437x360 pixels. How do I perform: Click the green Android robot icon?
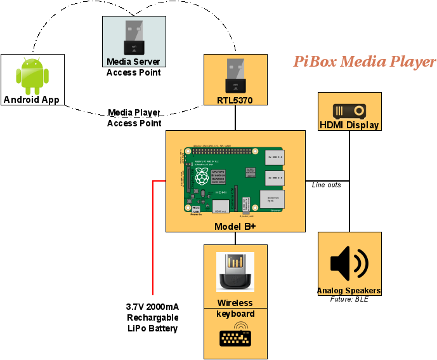pyautogui.click(x=32, y=74)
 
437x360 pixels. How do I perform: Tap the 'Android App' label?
pyautogui.click(x=32, y=99)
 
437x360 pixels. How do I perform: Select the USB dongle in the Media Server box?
pyautogui.click(x=134, y=37)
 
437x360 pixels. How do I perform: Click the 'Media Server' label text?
pyautogui.click(x=134, y=62)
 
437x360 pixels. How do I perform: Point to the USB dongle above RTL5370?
pyautogui.click(x=235, y=76)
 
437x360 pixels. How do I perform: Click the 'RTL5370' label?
pyautogui.click(x=235, y=100)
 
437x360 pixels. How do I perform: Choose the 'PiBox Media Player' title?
pyautogui.click(x=364, y=62)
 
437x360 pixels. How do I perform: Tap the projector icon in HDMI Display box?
pyautogui.click(x=349, y=110)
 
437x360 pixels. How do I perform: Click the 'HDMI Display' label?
pyautogui.click(x=349, y=125)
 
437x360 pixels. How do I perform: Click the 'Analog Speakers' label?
pyautogui.click(x=349, y=291)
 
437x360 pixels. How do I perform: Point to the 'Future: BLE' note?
pyautogui.click(x=349, y=299)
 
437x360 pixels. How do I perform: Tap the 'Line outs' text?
pyautogui.click(x=326, y=185)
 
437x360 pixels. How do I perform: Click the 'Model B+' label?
pyautogui.click(x=235, y=226)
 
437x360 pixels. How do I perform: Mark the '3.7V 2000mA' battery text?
pyautogui.click(x=152, y=307)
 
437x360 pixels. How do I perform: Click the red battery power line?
pyautogui.click(x=153, y=241)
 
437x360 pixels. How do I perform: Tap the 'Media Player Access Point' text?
pyautogui.click(x=134, y=118)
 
